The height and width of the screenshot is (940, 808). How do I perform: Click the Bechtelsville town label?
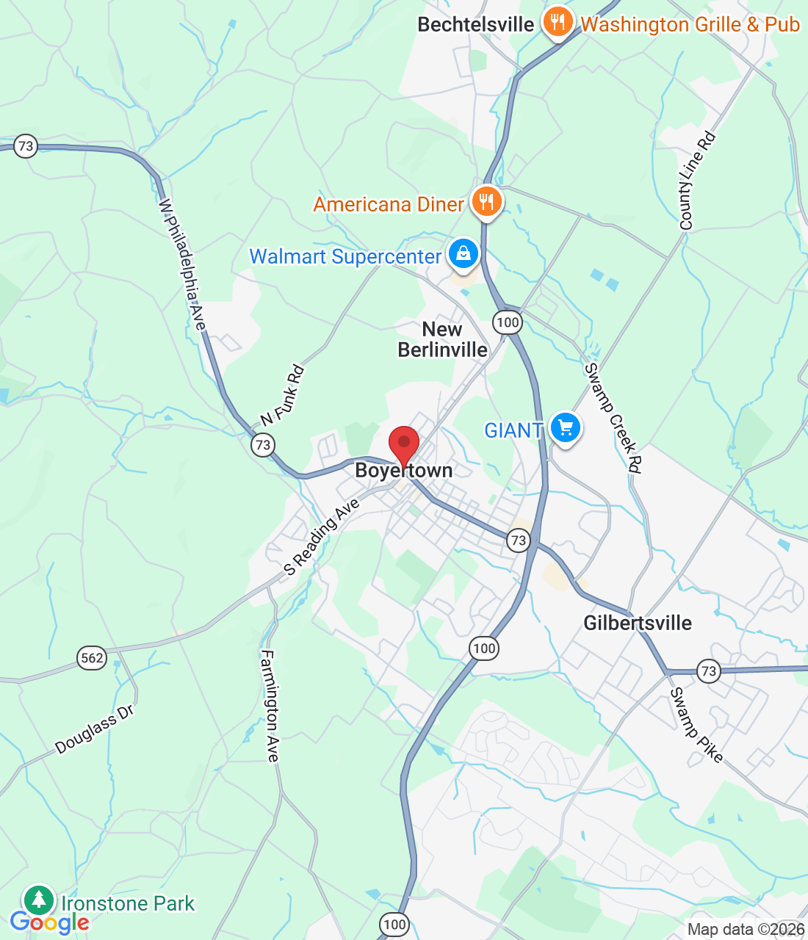[x=475, y=24]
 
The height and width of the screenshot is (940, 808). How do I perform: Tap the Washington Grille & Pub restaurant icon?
[x=558, y=22]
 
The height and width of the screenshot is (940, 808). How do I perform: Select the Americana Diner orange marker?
[x=486, y=200]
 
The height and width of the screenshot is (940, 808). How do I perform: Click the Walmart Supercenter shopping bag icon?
[x=463, y=253]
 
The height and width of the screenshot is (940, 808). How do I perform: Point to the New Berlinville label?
[x=442, y=339]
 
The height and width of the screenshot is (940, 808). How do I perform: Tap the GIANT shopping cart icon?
[x=565, y=427]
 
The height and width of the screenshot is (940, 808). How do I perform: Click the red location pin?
[x=403, y=444]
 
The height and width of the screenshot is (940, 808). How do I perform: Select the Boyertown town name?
[x=403, y=471]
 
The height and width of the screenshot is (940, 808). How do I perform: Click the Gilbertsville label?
[x=638, y=623]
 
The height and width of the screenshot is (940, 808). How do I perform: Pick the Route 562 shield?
[x=92, y=657]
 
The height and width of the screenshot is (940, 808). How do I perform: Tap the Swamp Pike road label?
[x=696, y=725]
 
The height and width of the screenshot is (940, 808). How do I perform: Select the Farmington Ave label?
[x=270, y=706]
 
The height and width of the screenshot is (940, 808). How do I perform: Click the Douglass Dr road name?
[x=95, y=729]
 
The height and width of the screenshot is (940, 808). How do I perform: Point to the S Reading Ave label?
[x=322, y=537]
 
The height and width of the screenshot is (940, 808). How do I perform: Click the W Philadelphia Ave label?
[x=183, y=264]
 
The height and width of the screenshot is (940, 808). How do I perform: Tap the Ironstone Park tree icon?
[x=39, y=899]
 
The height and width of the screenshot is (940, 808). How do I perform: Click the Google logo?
[x=49, y=922]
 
